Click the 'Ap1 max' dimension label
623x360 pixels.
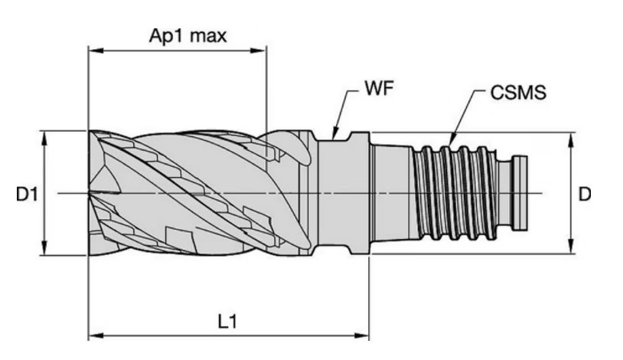[188, 35]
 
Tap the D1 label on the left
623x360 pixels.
[27, 195]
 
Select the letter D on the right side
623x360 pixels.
[585, 194]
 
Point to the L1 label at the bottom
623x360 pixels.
[228, 321]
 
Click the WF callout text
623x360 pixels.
[379, 88]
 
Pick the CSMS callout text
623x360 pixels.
[518, 92]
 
